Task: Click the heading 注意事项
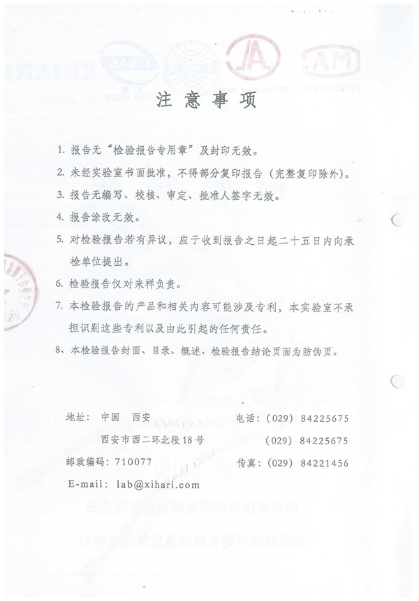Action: [x=209, y=100]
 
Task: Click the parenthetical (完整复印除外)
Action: [x=305, y=174]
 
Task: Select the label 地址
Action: [x=75, y=417]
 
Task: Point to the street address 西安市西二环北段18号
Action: [x=152, y=440]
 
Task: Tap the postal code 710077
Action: [x=132, y=462]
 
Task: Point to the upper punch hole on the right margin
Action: [x=397, y=222]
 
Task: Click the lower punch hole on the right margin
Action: [x=397, y=382]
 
